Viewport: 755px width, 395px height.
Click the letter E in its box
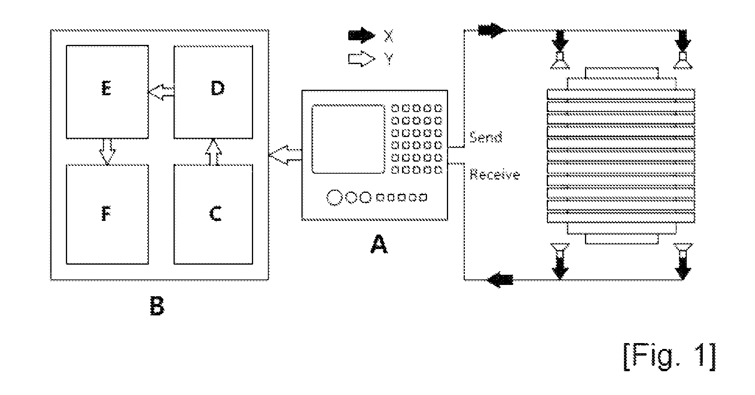pyautogui.click(x=106, y=89)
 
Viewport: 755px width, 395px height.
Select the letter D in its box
pyautogui.click(x=218, y=89)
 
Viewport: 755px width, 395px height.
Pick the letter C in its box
pyautogui.click(x=216, y=214)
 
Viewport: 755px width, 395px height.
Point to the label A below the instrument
pyautogui.click(x=379, y=245)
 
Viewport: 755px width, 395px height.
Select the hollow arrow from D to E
pyautogui.click(x=161, y=92)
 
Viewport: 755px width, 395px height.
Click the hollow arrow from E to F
pyautogui.click(x=107, y=151)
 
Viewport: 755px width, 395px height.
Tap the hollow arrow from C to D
pyautogui.click(x=212, y=151)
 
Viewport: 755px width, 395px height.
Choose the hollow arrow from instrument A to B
pyautogui.click(x=285, y=155)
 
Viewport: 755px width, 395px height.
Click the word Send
pyautogui.click(x=486, y=137)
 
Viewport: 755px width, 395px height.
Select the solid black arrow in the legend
pyautogui.click(x=362, y=36)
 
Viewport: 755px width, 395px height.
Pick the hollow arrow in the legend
pyautogui.click(x=362, y=59)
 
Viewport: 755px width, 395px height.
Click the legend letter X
pyautogui.click(x=389, y=36)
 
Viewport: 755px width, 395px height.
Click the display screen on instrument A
pyautogui.click(x=348, y=139)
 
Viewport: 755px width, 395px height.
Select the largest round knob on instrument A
pyautogui.click(x=334, y=197)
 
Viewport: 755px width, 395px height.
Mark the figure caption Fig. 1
pyautogui.click(x=669, y=356)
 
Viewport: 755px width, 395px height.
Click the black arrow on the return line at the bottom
pyautogui.click(x=500, y=279)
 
